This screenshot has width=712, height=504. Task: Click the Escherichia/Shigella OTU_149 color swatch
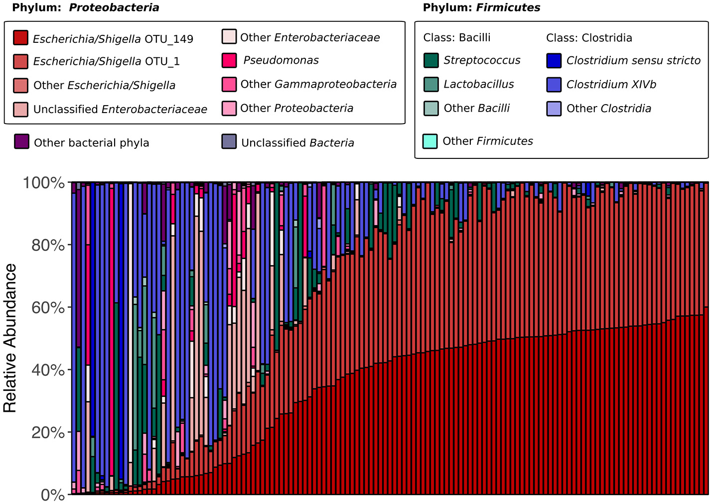21,38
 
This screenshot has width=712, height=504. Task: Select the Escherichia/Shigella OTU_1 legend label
106,61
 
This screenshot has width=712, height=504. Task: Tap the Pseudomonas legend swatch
229,60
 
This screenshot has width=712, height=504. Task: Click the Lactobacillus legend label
478,84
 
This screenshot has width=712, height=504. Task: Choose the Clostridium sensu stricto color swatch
554,60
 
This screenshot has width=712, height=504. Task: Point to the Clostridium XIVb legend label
611,84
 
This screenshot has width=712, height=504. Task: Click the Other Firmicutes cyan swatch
430,141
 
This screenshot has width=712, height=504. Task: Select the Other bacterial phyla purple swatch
22,141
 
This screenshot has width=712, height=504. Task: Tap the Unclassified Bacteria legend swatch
229,141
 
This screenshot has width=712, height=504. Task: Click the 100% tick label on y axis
44,183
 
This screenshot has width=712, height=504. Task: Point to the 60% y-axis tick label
48,308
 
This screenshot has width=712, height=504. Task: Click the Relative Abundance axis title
10,339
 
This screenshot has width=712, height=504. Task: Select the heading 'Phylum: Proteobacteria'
85,7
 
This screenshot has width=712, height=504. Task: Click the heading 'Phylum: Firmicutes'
481,7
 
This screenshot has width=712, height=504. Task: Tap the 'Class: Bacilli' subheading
456,38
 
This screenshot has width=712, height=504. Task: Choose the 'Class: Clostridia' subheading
589,38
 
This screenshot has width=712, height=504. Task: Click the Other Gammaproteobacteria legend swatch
229,84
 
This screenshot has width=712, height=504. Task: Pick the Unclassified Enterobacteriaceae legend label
120,109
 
